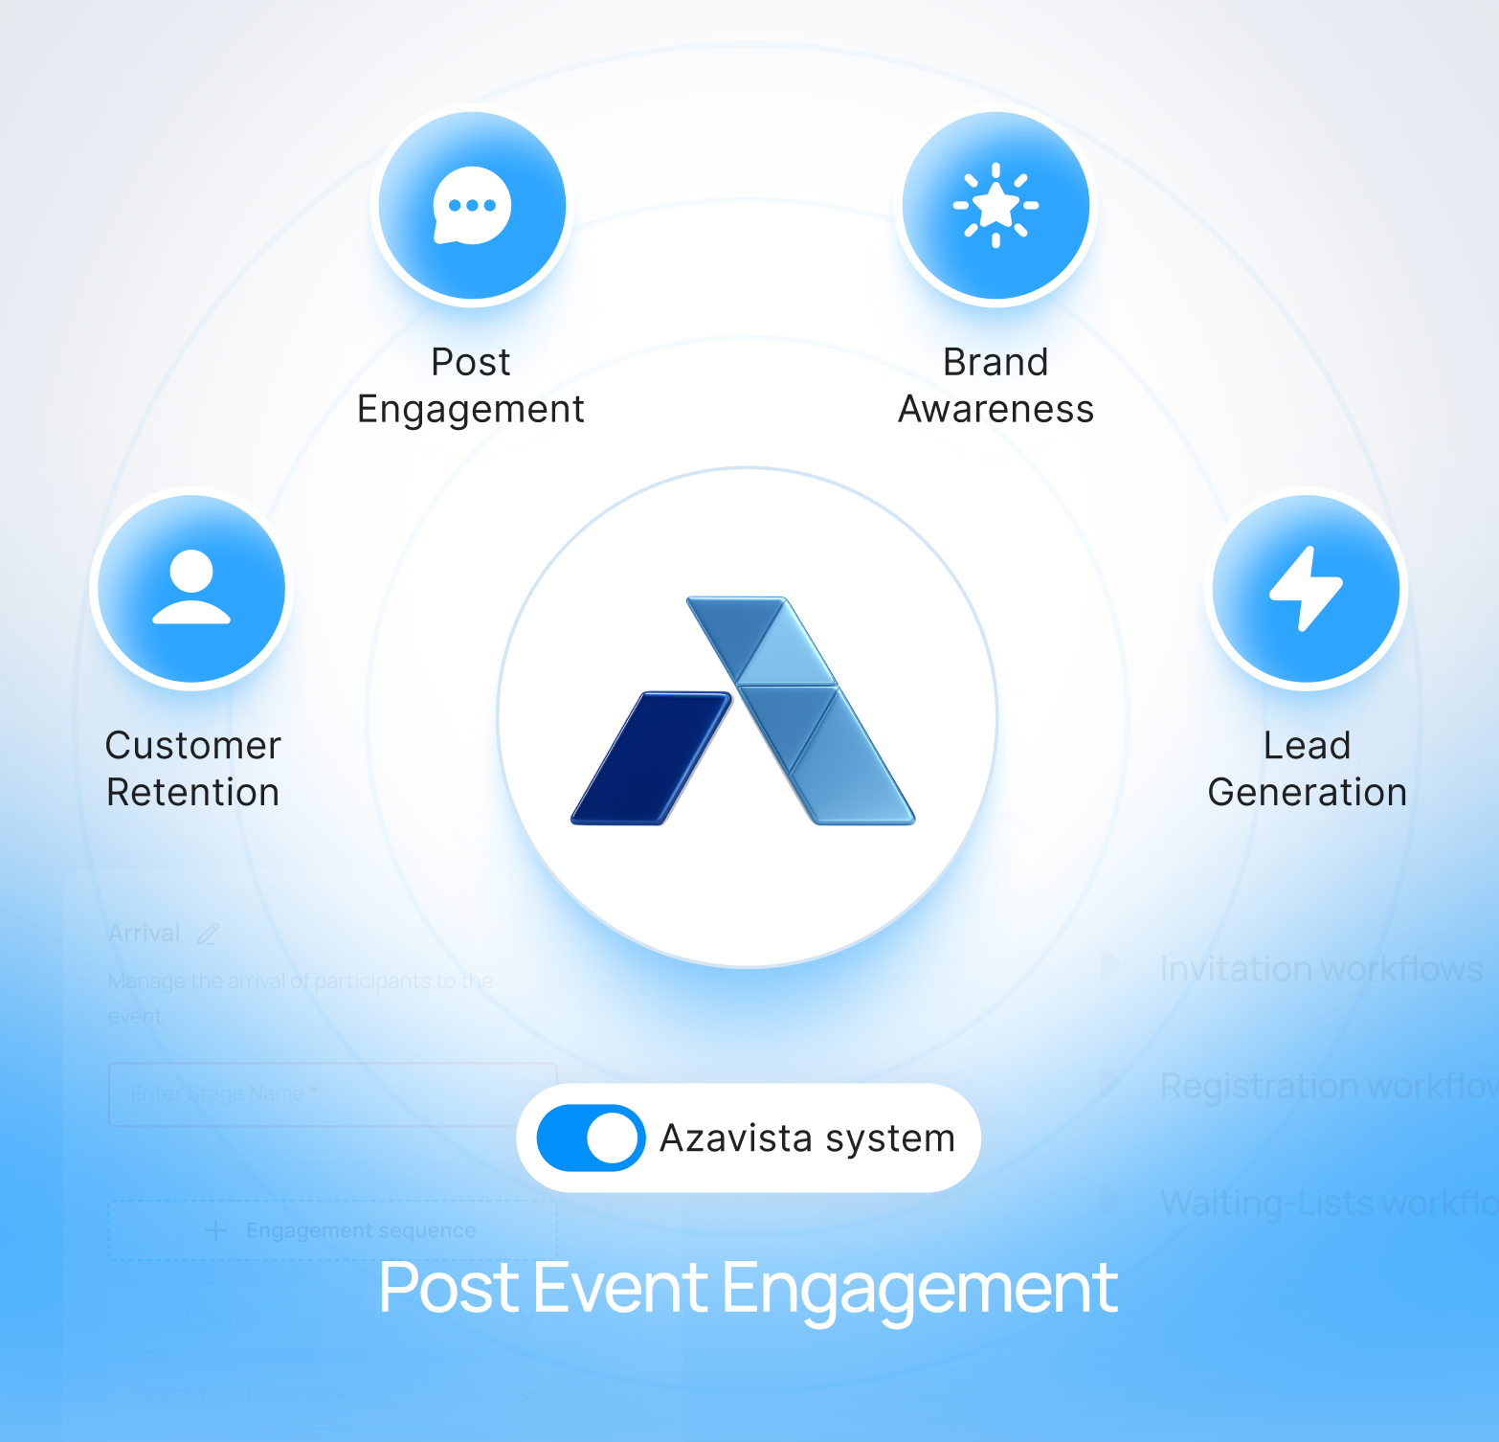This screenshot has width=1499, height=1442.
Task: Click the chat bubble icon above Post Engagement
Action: [472, 206]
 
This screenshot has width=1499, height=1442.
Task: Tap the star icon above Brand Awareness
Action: [996, 205]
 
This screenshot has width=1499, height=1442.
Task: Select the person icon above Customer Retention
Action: [191, 587]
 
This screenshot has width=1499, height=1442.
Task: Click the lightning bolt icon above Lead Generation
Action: [1306, 588]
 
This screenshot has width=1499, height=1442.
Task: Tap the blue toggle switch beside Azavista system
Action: [591, 1138]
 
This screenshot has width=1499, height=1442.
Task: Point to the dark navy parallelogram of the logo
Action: [651, 757]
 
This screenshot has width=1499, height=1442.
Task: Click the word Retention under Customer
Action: [193, 793]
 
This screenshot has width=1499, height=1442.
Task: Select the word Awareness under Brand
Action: [996, 410]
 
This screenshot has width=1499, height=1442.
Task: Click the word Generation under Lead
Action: [1307, 793]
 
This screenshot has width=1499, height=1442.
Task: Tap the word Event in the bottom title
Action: [620, 1288]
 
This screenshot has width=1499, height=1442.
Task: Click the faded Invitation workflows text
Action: [1321, 969]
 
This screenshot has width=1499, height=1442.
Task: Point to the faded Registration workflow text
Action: [1327, 1086]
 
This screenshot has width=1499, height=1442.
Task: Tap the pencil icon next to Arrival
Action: [208, 934]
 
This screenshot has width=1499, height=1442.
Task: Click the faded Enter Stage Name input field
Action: [332, 1093]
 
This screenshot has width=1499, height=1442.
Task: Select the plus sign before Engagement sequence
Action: [216, 1230]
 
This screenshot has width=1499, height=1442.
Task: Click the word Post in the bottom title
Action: [449, 1288]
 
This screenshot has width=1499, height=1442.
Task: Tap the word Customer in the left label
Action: [193, 746]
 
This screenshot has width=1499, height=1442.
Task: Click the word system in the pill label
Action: [890, 1138]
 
